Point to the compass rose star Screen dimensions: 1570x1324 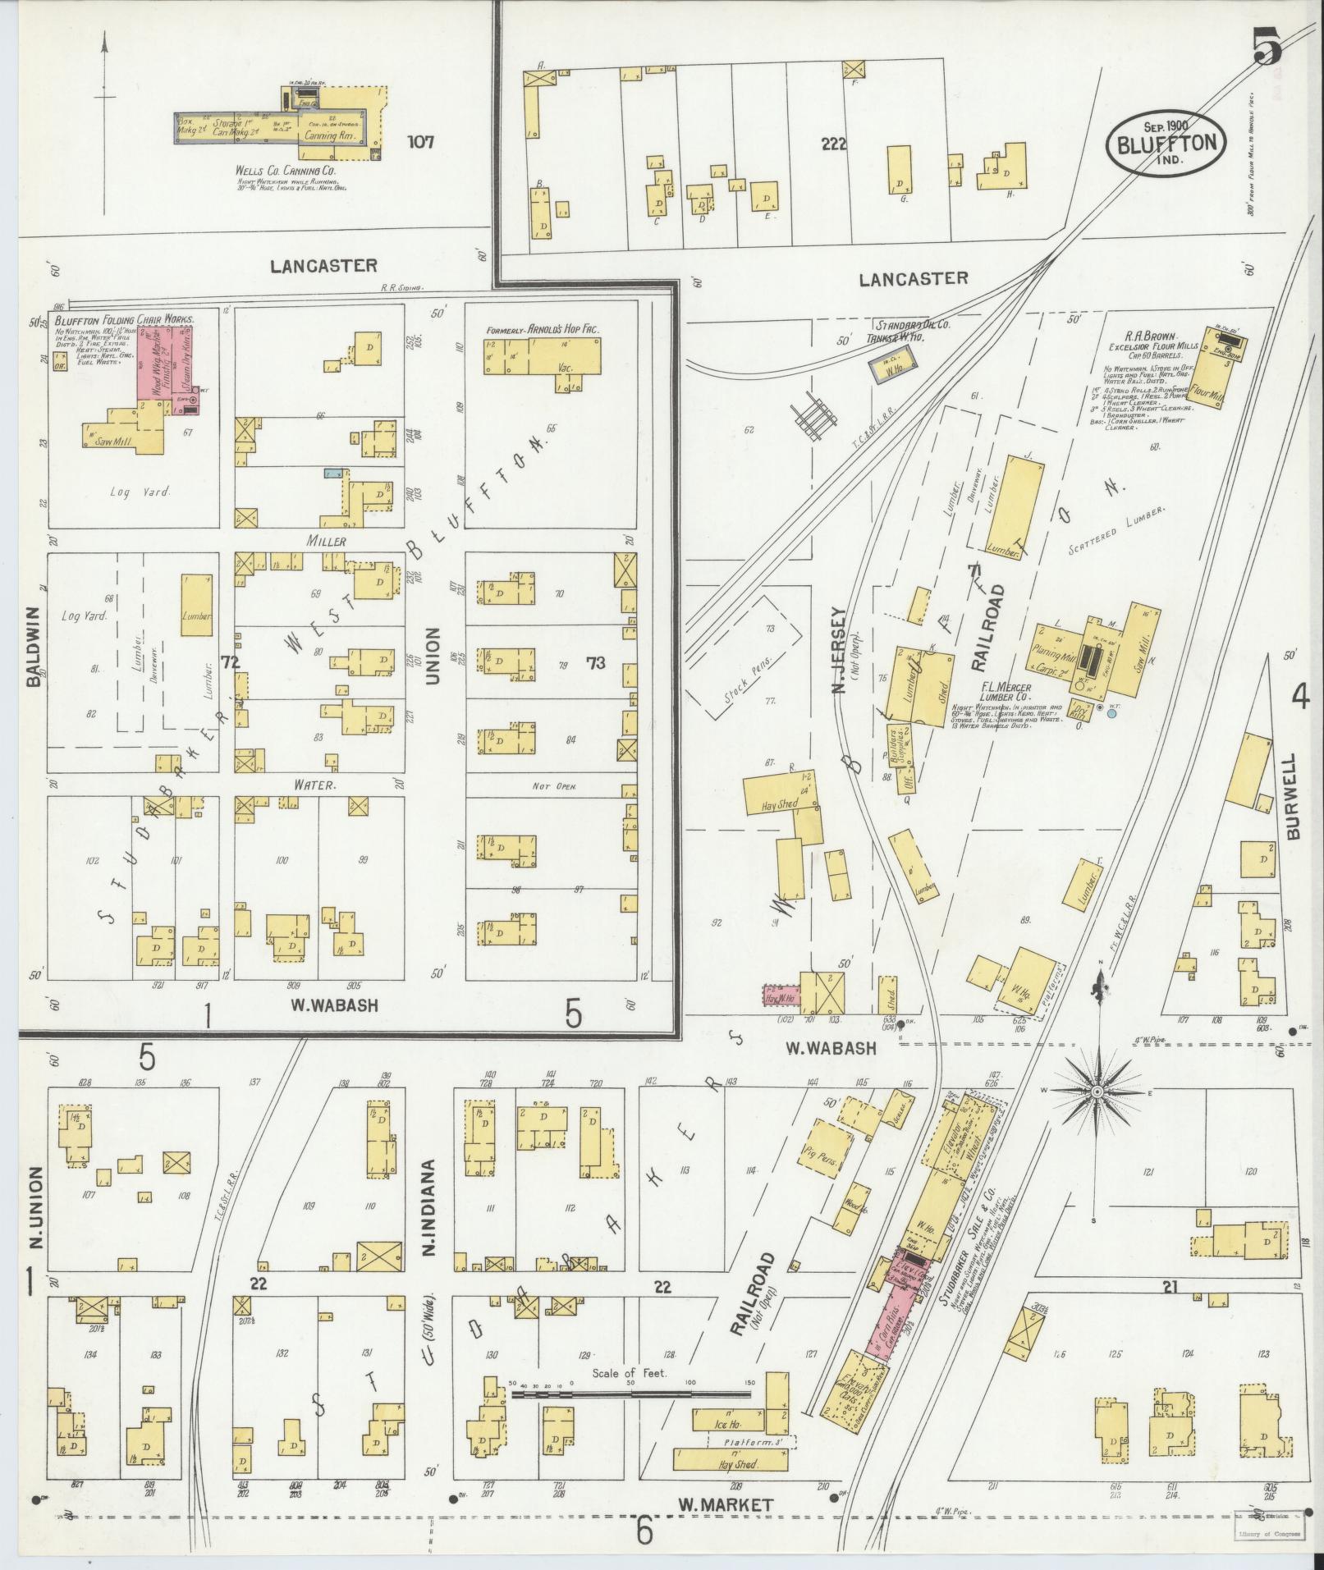[1096, 1093]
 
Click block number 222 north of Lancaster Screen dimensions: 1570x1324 [832, 144]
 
